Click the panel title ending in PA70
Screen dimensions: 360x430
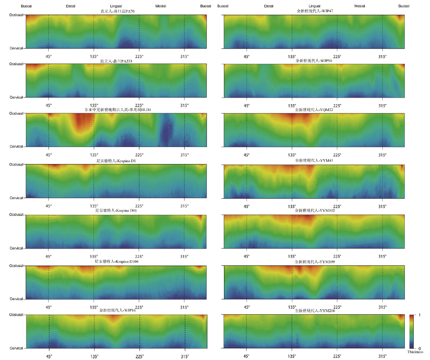pos(116,11)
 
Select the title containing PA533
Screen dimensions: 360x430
pos(116,61)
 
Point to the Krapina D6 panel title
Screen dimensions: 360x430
pos(116,160)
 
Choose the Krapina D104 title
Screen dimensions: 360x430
pos(116,261)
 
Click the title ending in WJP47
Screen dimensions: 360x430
pos(314,11)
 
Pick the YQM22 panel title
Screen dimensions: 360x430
pos(314,110)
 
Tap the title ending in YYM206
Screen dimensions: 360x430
pos(314,311)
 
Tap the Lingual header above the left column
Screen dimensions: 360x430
pos(116,6)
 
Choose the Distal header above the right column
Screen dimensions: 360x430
pos(269,6)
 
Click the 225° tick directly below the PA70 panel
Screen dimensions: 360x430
pos(139,56)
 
